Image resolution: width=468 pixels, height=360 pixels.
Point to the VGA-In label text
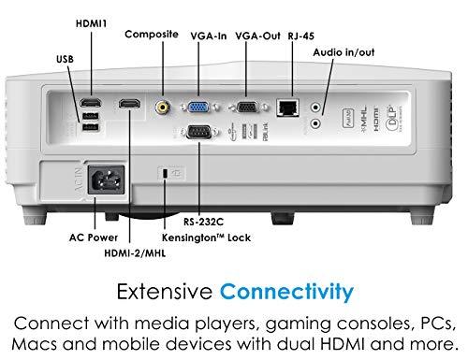tap(208, 34)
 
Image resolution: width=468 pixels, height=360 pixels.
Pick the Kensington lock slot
tap(166, 175)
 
